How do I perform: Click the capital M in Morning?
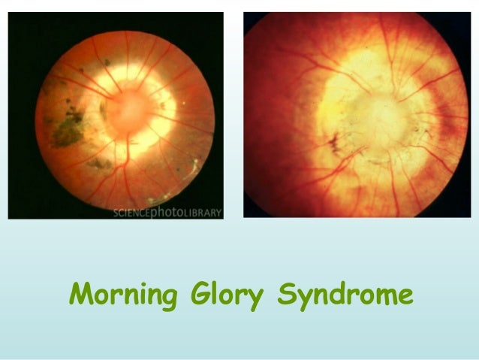pos(80,293)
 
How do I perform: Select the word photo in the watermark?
pos(170,212)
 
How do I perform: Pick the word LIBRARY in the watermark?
pos(203,212)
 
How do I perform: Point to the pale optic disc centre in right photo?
pos(358,120)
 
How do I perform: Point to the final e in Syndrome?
pos(403,295)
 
